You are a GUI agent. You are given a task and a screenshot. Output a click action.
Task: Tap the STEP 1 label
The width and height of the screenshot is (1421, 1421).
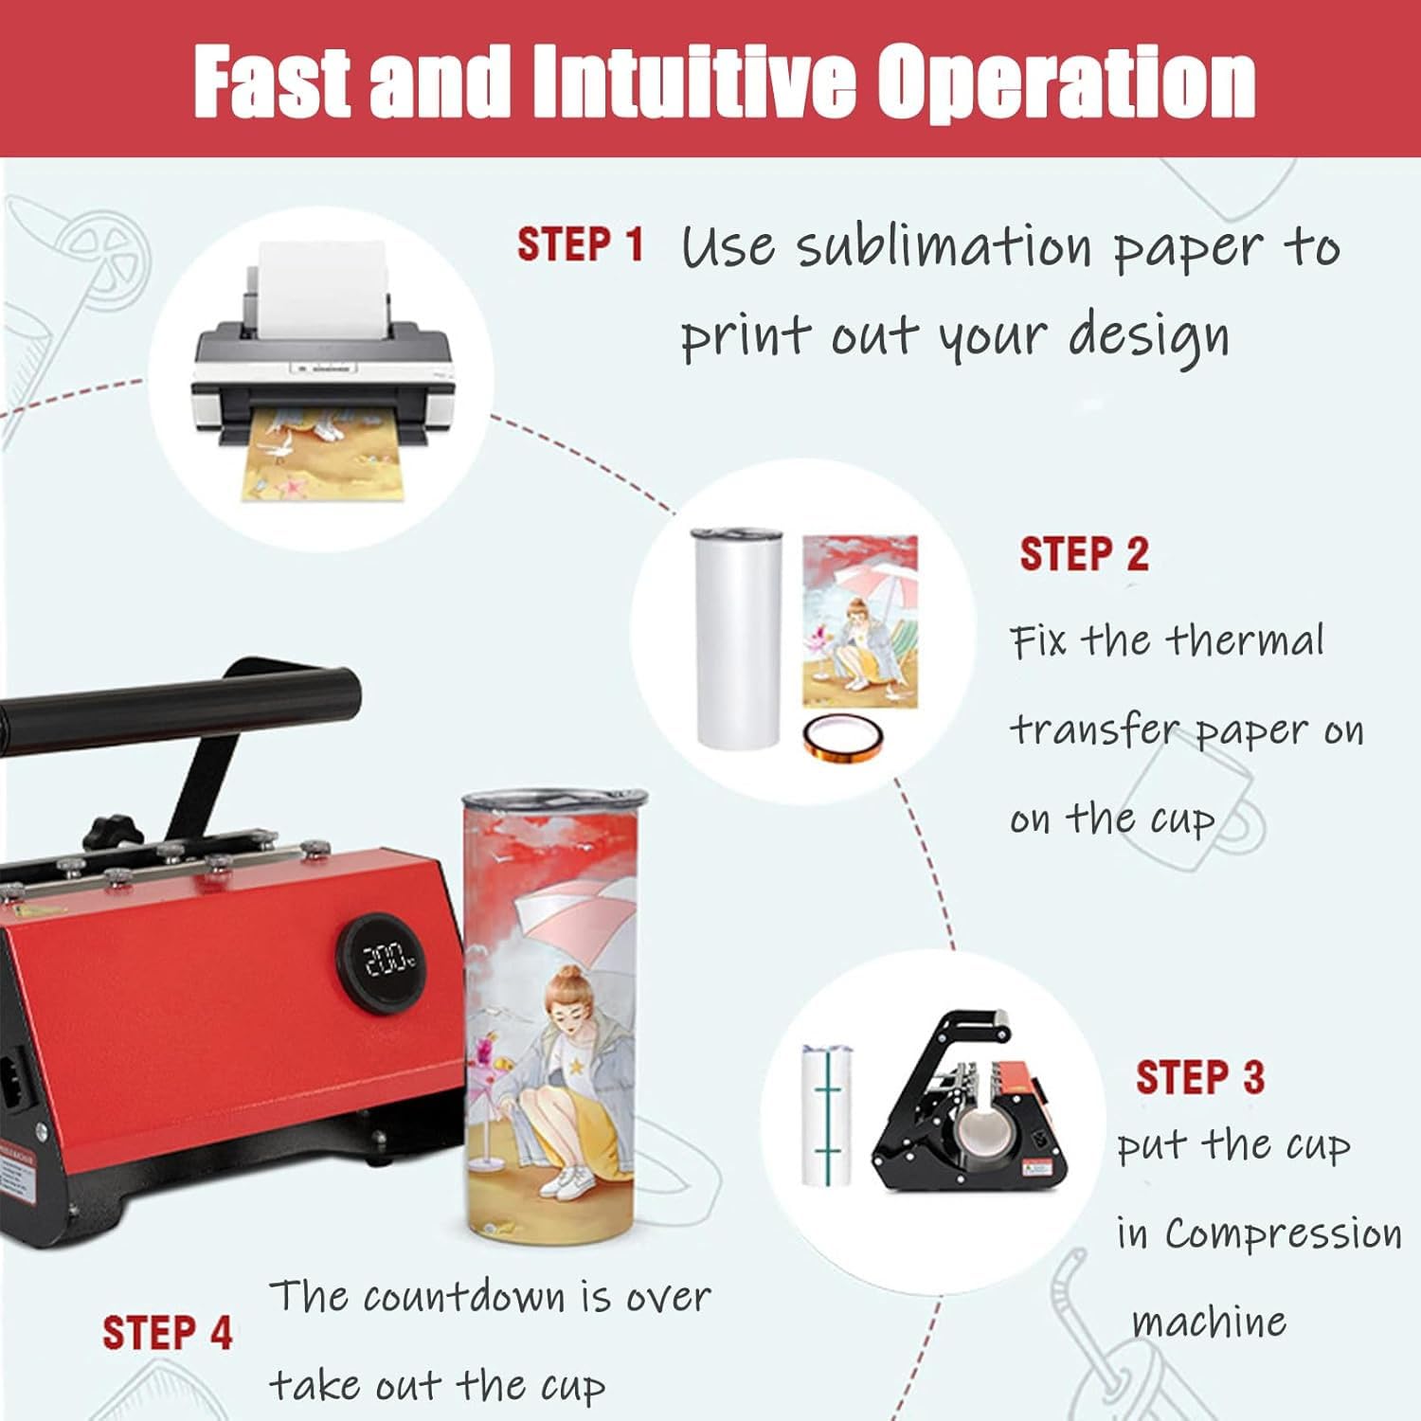pyautogui.click(x=580, y=244)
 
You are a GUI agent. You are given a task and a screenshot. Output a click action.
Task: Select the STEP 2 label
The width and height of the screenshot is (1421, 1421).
pyautogui.click(x=1084, y=554)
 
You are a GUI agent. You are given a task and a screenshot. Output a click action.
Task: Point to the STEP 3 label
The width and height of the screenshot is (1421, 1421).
pyautogui.click(x=1200, y=1077)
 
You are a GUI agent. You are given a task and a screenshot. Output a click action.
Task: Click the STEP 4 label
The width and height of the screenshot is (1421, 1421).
pyautogui.click(x=168, y=1333)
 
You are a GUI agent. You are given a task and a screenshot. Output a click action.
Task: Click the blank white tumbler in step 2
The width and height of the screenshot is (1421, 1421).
pyautogui.click(x=737, y=639)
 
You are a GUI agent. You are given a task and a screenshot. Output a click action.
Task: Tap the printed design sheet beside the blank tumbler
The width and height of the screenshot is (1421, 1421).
pyautogui.click(x=860, y=621)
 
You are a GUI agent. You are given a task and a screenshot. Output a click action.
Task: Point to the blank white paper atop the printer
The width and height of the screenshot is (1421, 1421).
pyautogui.click(x=323, y=284)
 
